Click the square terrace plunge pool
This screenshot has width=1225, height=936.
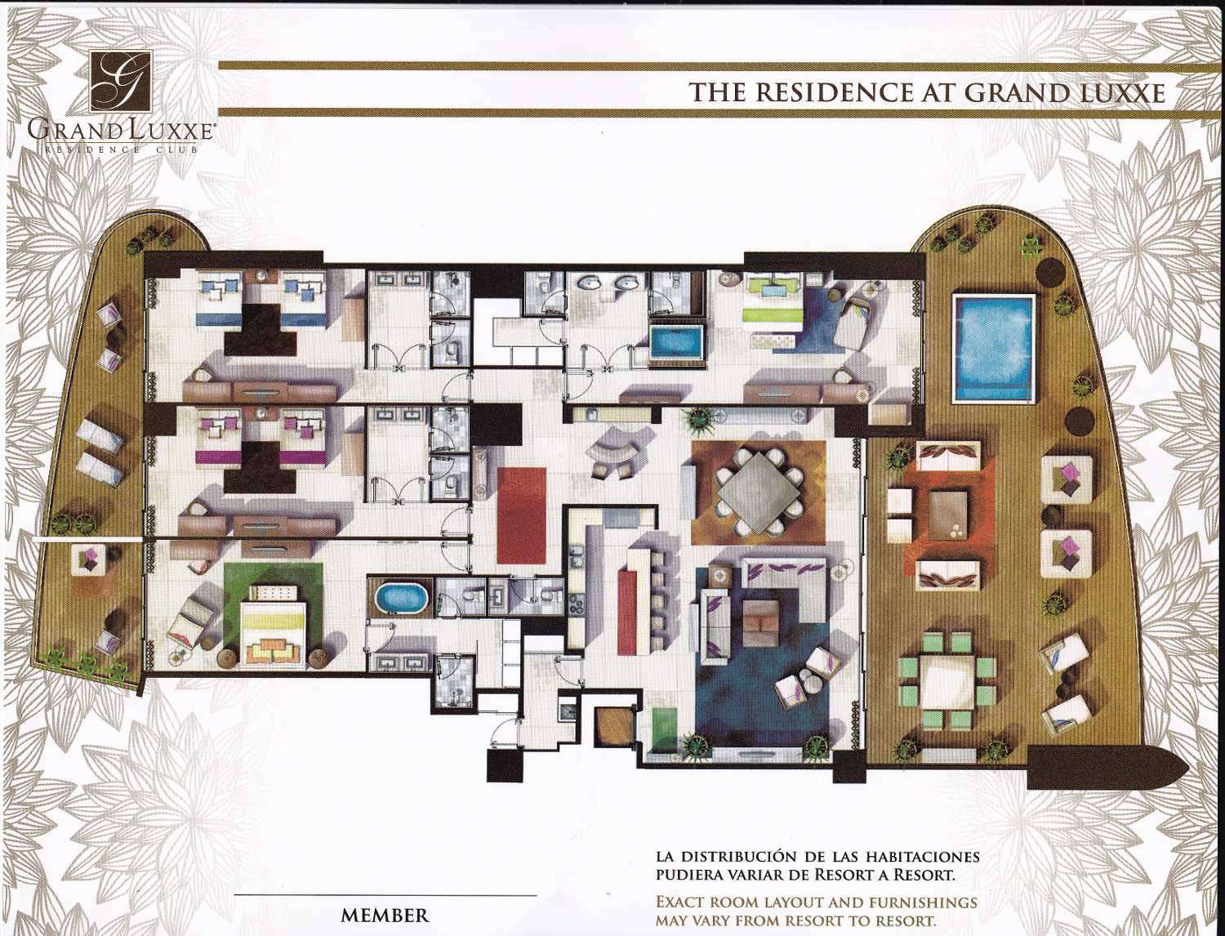coord(994,348)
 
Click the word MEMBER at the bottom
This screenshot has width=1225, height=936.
coord(385,915)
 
